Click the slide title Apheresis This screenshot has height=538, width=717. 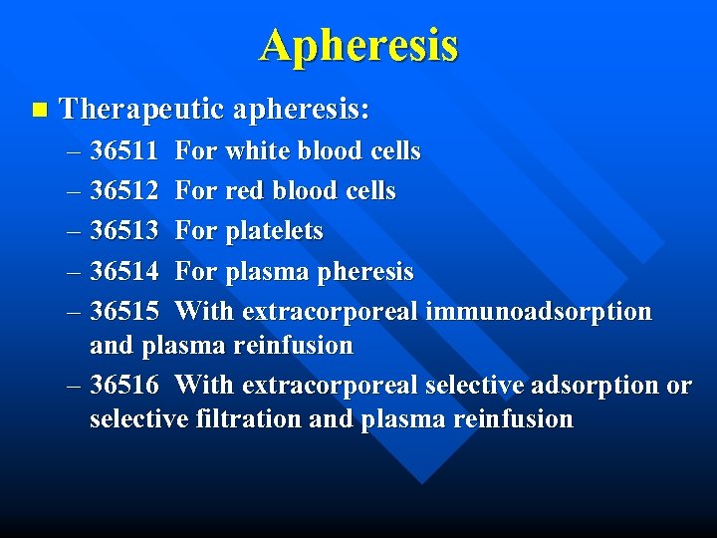click(x=359, y=46)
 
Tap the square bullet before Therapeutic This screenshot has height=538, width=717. click(x=38, y=109)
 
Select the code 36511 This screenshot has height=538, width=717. click(x=124, y=151)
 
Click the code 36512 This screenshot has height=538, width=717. click(x=124, y=191)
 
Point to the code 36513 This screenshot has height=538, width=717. click(x=124, y=231)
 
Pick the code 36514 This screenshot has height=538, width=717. click(x=124, y=271)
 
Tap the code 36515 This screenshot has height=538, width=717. click(x=124, y=311)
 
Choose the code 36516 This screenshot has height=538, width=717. click(x=124, y=385)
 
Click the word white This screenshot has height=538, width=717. click(x=255, y=151)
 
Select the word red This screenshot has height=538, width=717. click(x=245, y=191)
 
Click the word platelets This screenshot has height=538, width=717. click(x=275, y=231)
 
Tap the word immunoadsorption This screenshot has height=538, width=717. click(x=539, y=311)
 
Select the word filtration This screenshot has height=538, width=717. click(x=249, y=419)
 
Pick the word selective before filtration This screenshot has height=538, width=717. click(x=138, y=419)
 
